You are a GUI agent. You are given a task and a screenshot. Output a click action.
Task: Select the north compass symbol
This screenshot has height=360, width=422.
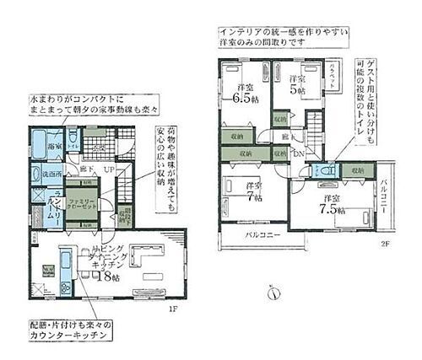tap(273, 294)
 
